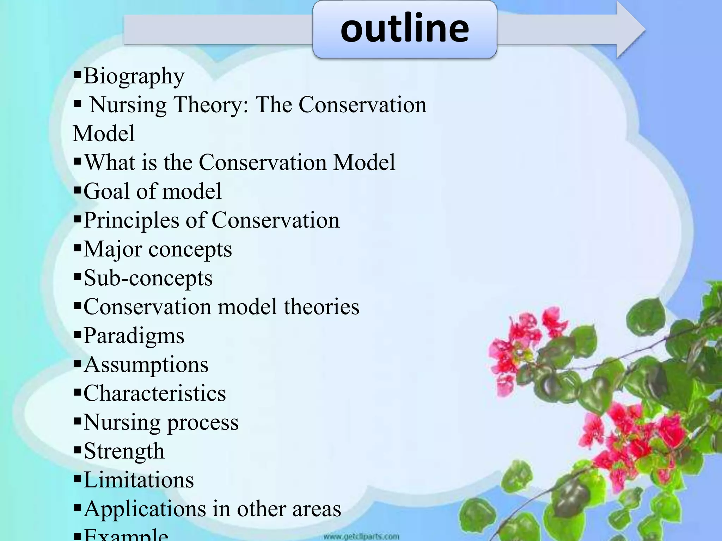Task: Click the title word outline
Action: tap(404, 28)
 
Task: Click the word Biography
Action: tap(134, 76)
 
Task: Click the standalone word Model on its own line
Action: tap(104, 134)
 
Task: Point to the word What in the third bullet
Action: tap(109, 163)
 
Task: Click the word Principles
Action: tap(131, 221)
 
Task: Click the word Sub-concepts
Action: tap(148, 278)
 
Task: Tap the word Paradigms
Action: tap(134, 336)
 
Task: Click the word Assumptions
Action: tap(146, 365)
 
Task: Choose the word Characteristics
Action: tap(154, 393)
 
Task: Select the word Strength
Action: tap(124, 451)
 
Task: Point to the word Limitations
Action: tap(139, 480)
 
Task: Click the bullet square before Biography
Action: tap(78, 75)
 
